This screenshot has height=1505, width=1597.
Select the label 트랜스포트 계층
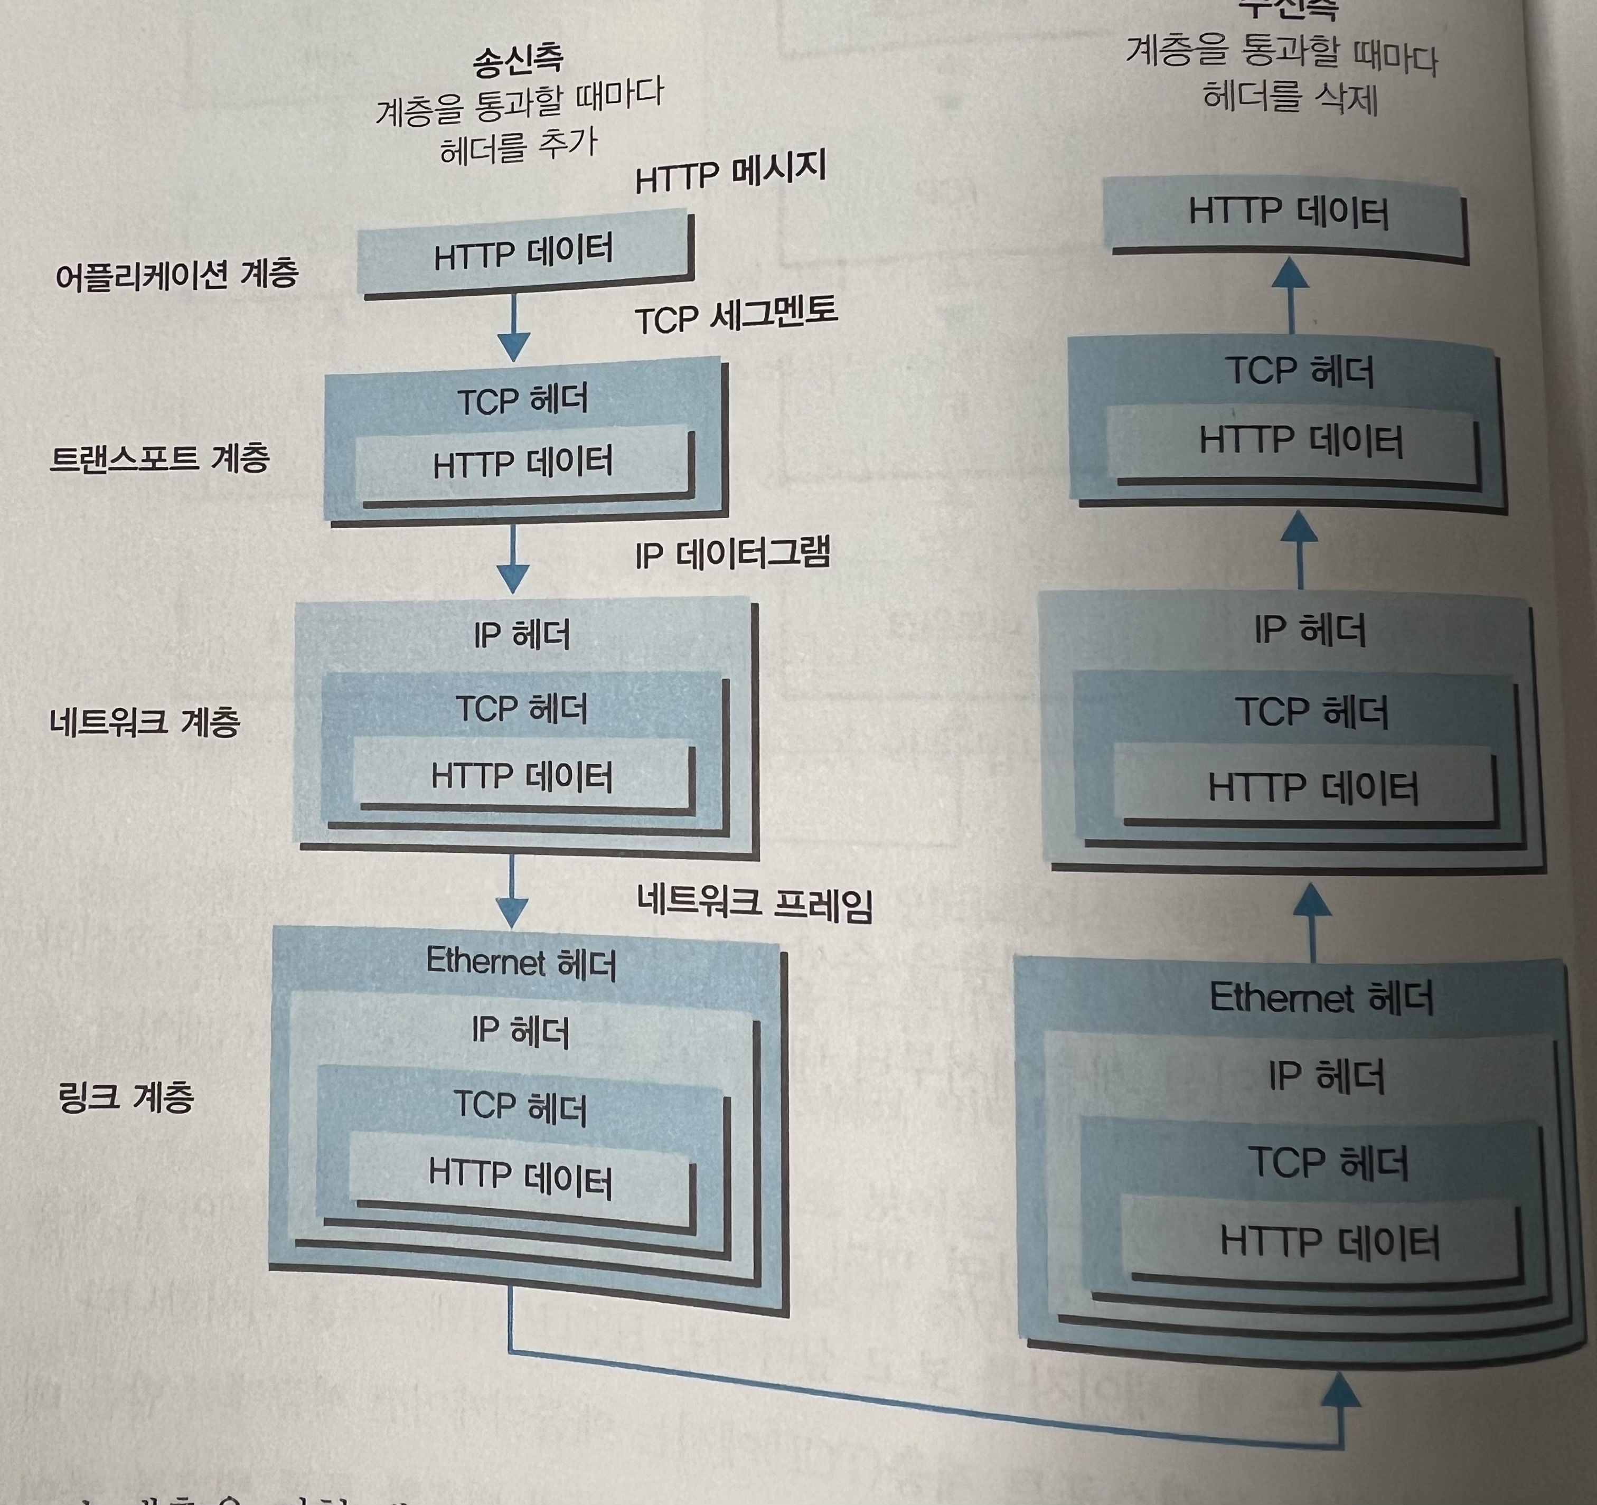pos(159,458)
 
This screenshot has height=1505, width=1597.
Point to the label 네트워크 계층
pos(145,721)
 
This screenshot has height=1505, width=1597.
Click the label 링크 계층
pos(126,1096)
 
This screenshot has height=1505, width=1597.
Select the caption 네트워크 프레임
pos(754,904)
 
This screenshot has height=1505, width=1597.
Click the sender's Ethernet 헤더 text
pos(521,962)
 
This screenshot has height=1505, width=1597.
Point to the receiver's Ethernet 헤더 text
pos(1321,998)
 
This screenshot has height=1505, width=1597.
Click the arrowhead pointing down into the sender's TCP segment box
pos(513,348)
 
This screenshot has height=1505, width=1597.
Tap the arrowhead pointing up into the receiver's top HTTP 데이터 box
pos(1291,273)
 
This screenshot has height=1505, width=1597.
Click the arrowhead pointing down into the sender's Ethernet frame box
pos(512,913)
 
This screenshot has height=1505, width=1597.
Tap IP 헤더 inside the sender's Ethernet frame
pos(521,1031)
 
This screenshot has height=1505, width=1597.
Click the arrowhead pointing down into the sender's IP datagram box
pos(512,578)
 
